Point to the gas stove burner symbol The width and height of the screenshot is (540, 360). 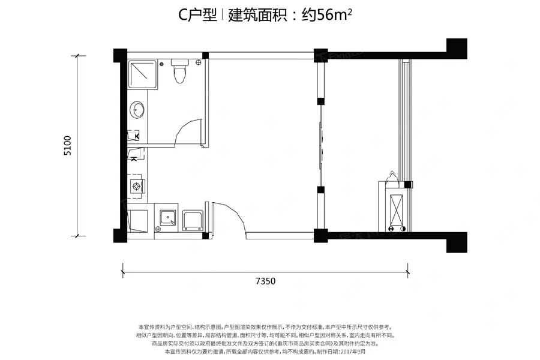click(137, 186)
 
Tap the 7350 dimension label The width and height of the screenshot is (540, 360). click(265, 280)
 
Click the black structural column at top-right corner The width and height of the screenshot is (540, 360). click(456, 47)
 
